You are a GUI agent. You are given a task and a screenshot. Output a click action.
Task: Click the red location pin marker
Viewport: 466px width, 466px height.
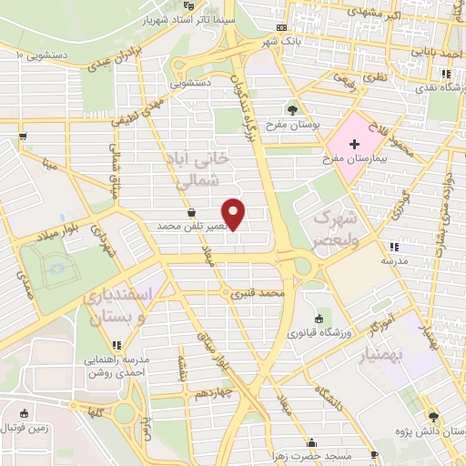click(x=234, y=214)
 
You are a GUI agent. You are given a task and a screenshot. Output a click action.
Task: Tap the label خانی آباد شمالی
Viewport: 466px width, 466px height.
click(x=197, y=170)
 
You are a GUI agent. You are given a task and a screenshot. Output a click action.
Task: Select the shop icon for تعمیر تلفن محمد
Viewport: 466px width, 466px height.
click(x=191, y=213)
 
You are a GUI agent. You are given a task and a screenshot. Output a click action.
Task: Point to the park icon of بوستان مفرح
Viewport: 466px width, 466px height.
click(x=291, y=109)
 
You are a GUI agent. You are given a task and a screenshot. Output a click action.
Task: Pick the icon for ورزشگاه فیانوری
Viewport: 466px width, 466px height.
click(x=319, y=319)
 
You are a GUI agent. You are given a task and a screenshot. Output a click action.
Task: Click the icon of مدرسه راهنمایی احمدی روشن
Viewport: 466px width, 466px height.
click(x=115, y=345)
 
